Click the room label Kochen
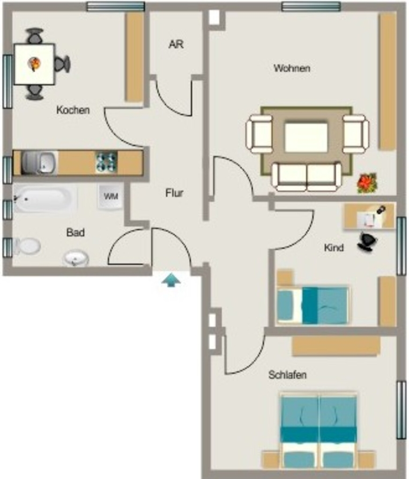73,110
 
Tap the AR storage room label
176,44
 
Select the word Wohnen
292,68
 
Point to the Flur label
174,193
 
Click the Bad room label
75,232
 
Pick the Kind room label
334,247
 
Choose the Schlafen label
288,375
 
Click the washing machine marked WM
111,196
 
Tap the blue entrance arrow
171,281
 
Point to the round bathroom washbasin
75,258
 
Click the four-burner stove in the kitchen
106,162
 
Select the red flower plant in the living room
367,183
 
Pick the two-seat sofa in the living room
306,176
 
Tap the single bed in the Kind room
312,305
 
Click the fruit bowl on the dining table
34,64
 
